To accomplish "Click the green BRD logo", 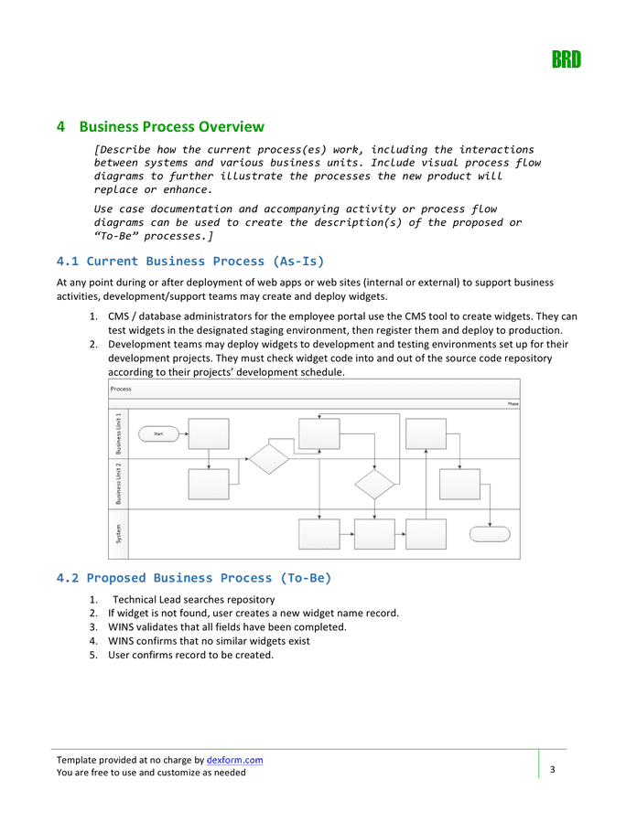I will [566, 60].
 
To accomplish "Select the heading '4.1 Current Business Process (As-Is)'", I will [190, 261].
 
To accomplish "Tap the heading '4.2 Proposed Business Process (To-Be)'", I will [194, 577].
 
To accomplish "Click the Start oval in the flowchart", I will [157, 433].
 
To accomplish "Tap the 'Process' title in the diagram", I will [121, 389].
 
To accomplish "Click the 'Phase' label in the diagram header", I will [513, 403].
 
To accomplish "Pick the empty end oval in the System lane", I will [490, 534].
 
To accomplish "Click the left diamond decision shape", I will [269, 459].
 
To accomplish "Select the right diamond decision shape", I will [374, 484].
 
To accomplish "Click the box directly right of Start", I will [209, 433].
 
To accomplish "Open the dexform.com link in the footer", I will [235, 760].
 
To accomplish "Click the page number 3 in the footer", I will [553, 771].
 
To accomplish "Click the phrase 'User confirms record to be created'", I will [190, 655].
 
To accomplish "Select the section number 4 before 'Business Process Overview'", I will [60, 126].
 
